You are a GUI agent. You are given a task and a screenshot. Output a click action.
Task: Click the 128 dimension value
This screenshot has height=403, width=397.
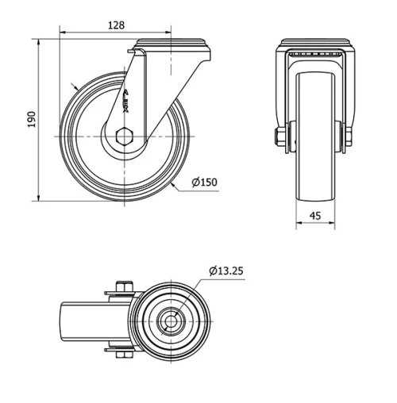(116, 25)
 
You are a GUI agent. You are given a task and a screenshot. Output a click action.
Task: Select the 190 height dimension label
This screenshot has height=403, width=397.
(31, 119)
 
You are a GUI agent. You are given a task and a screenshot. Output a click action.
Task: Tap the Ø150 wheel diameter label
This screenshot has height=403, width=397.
(204, 183)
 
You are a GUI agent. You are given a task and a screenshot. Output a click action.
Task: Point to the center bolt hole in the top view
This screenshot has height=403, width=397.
(172, 320)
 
